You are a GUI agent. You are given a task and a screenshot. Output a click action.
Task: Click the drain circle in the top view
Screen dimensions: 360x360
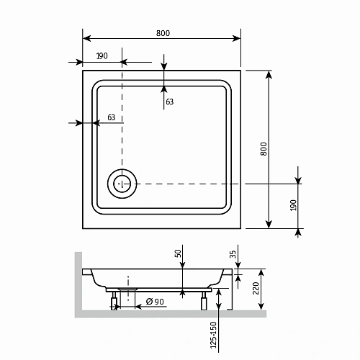coord(122,184)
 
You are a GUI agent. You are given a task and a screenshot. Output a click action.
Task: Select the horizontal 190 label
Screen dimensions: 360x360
coord(102,56)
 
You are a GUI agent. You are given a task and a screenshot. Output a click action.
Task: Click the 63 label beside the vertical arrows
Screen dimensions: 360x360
coord(170,102)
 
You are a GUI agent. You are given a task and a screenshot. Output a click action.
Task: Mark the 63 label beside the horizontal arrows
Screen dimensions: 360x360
coord(111,117)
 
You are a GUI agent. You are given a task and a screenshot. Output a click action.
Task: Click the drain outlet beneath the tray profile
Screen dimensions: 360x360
coord(128,289)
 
